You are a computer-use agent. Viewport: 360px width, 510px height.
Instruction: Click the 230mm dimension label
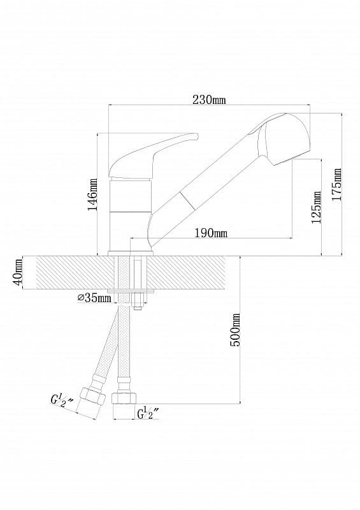(209, 99)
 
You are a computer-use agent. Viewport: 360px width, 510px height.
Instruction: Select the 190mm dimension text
(210, 233)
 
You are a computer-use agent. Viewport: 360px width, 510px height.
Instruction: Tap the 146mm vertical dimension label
(93, 194)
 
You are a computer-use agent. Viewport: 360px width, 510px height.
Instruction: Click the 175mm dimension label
(338, 184)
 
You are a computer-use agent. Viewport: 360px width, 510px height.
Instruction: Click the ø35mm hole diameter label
(93, 298)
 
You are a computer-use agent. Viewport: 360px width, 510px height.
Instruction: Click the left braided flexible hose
(107, 351)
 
